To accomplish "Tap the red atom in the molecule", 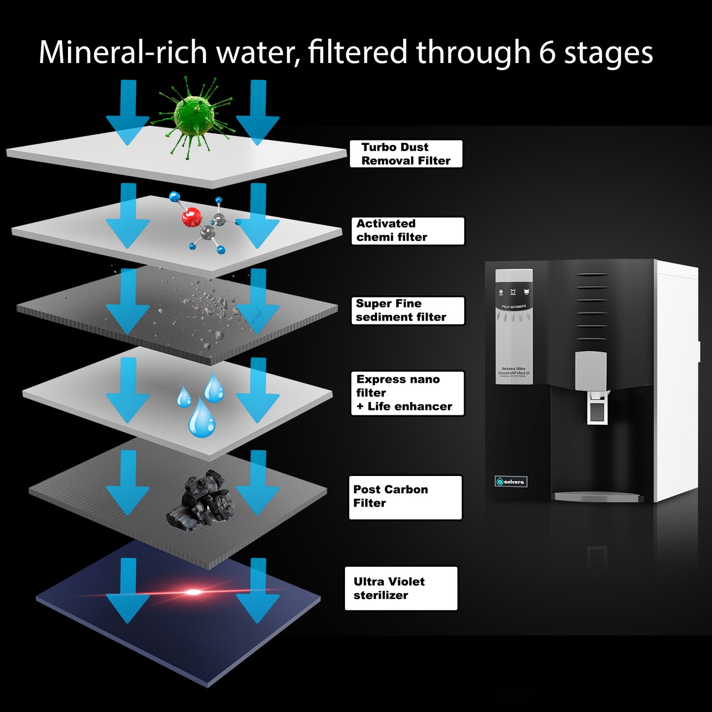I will pyautogui.click(x=192, y=217).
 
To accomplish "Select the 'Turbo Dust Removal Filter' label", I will pyautogui.click(x=406, y=154).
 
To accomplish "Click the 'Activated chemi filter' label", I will pyautogui.click(x=407, y=231).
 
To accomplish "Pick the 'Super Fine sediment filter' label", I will pyautogui.click(x=407, y=310).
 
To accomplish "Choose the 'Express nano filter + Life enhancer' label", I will pyautogui.click(x=407, y=393).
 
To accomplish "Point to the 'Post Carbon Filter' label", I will pyautogui.click(x=405, y=497).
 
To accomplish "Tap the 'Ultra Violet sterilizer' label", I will pyautogui.click(x=401, y=588).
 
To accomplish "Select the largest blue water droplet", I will pyautogui.click(x=202, y=419).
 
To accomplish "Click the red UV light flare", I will pyautogui.click(x=193, y=592).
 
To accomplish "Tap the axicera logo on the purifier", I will pyautogui.click(x=511, y=481).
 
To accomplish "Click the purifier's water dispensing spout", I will pyautogui.click(x=597, y=407).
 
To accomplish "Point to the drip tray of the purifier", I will pyautogui.click(x=597, y=496).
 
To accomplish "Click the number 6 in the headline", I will pyautogui.click(x=547, y=52).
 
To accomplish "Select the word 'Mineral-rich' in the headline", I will pyautogui.click(x=122, y=52).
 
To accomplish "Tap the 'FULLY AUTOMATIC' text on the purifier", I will pyautogui.click(x=514, y=306).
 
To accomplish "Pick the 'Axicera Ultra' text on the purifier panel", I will pyautogui.click(x=513, y=369).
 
